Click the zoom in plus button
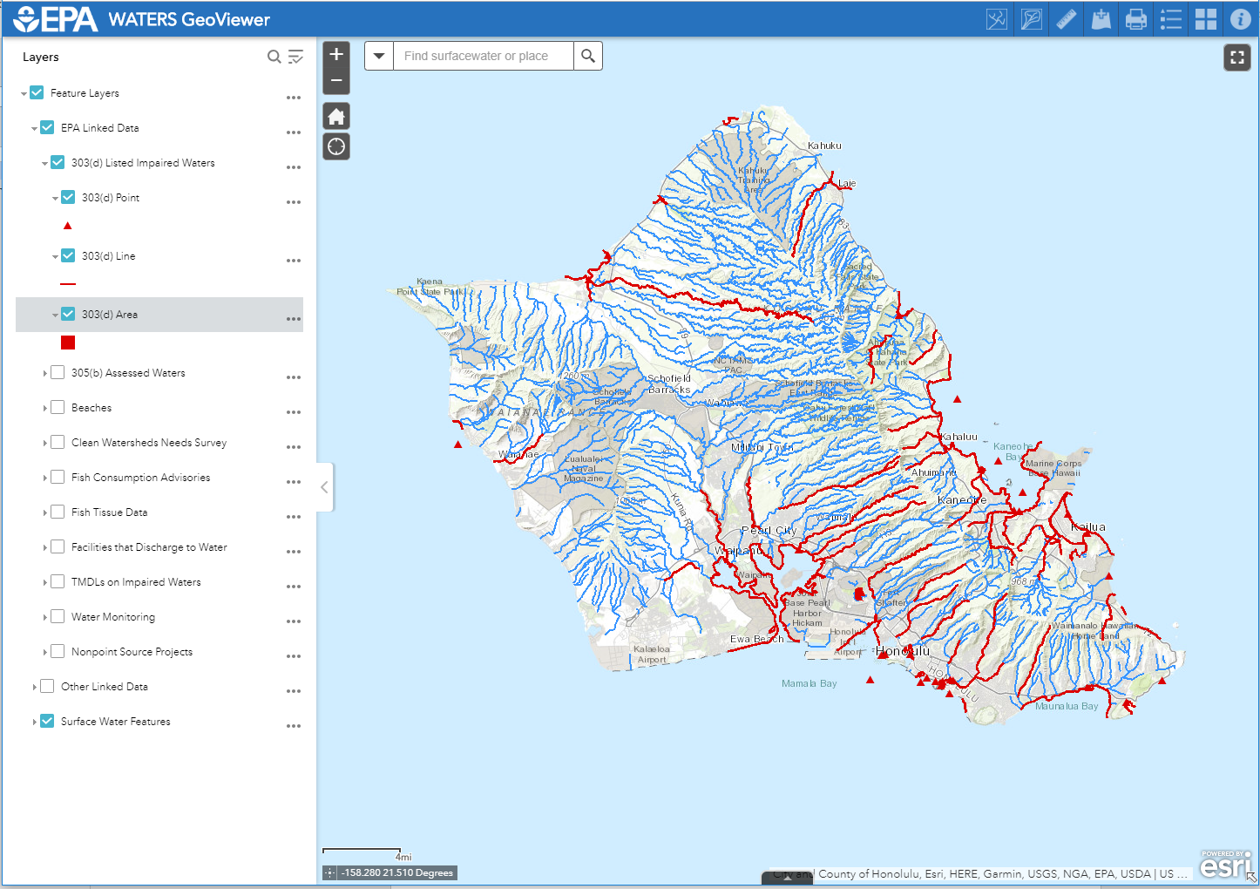tap(336, 54)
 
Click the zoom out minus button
tap(336, 81)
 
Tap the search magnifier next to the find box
tap(588, 56)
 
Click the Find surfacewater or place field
tap(484, 56)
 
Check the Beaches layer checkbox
tap(58, 407)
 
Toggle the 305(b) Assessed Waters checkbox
tap(58, 372)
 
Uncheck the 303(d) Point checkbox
tap(68, 197)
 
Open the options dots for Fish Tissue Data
tap(294, 517)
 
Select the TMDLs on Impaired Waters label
tap(136, 582)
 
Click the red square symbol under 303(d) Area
tap(68, 343)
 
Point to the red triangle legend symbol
tap(68, 226)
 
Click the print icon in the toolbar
tap(1136, 19)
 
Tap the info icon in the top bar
tap(1240, 19)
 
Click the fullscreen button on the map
tap(1236, 58)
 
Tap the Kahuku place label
tap(824, 146)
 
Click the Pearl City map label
tap(769, 530)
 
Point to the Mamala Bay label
tap(809, 683)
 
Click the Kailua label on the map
tap(1087, 526)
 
